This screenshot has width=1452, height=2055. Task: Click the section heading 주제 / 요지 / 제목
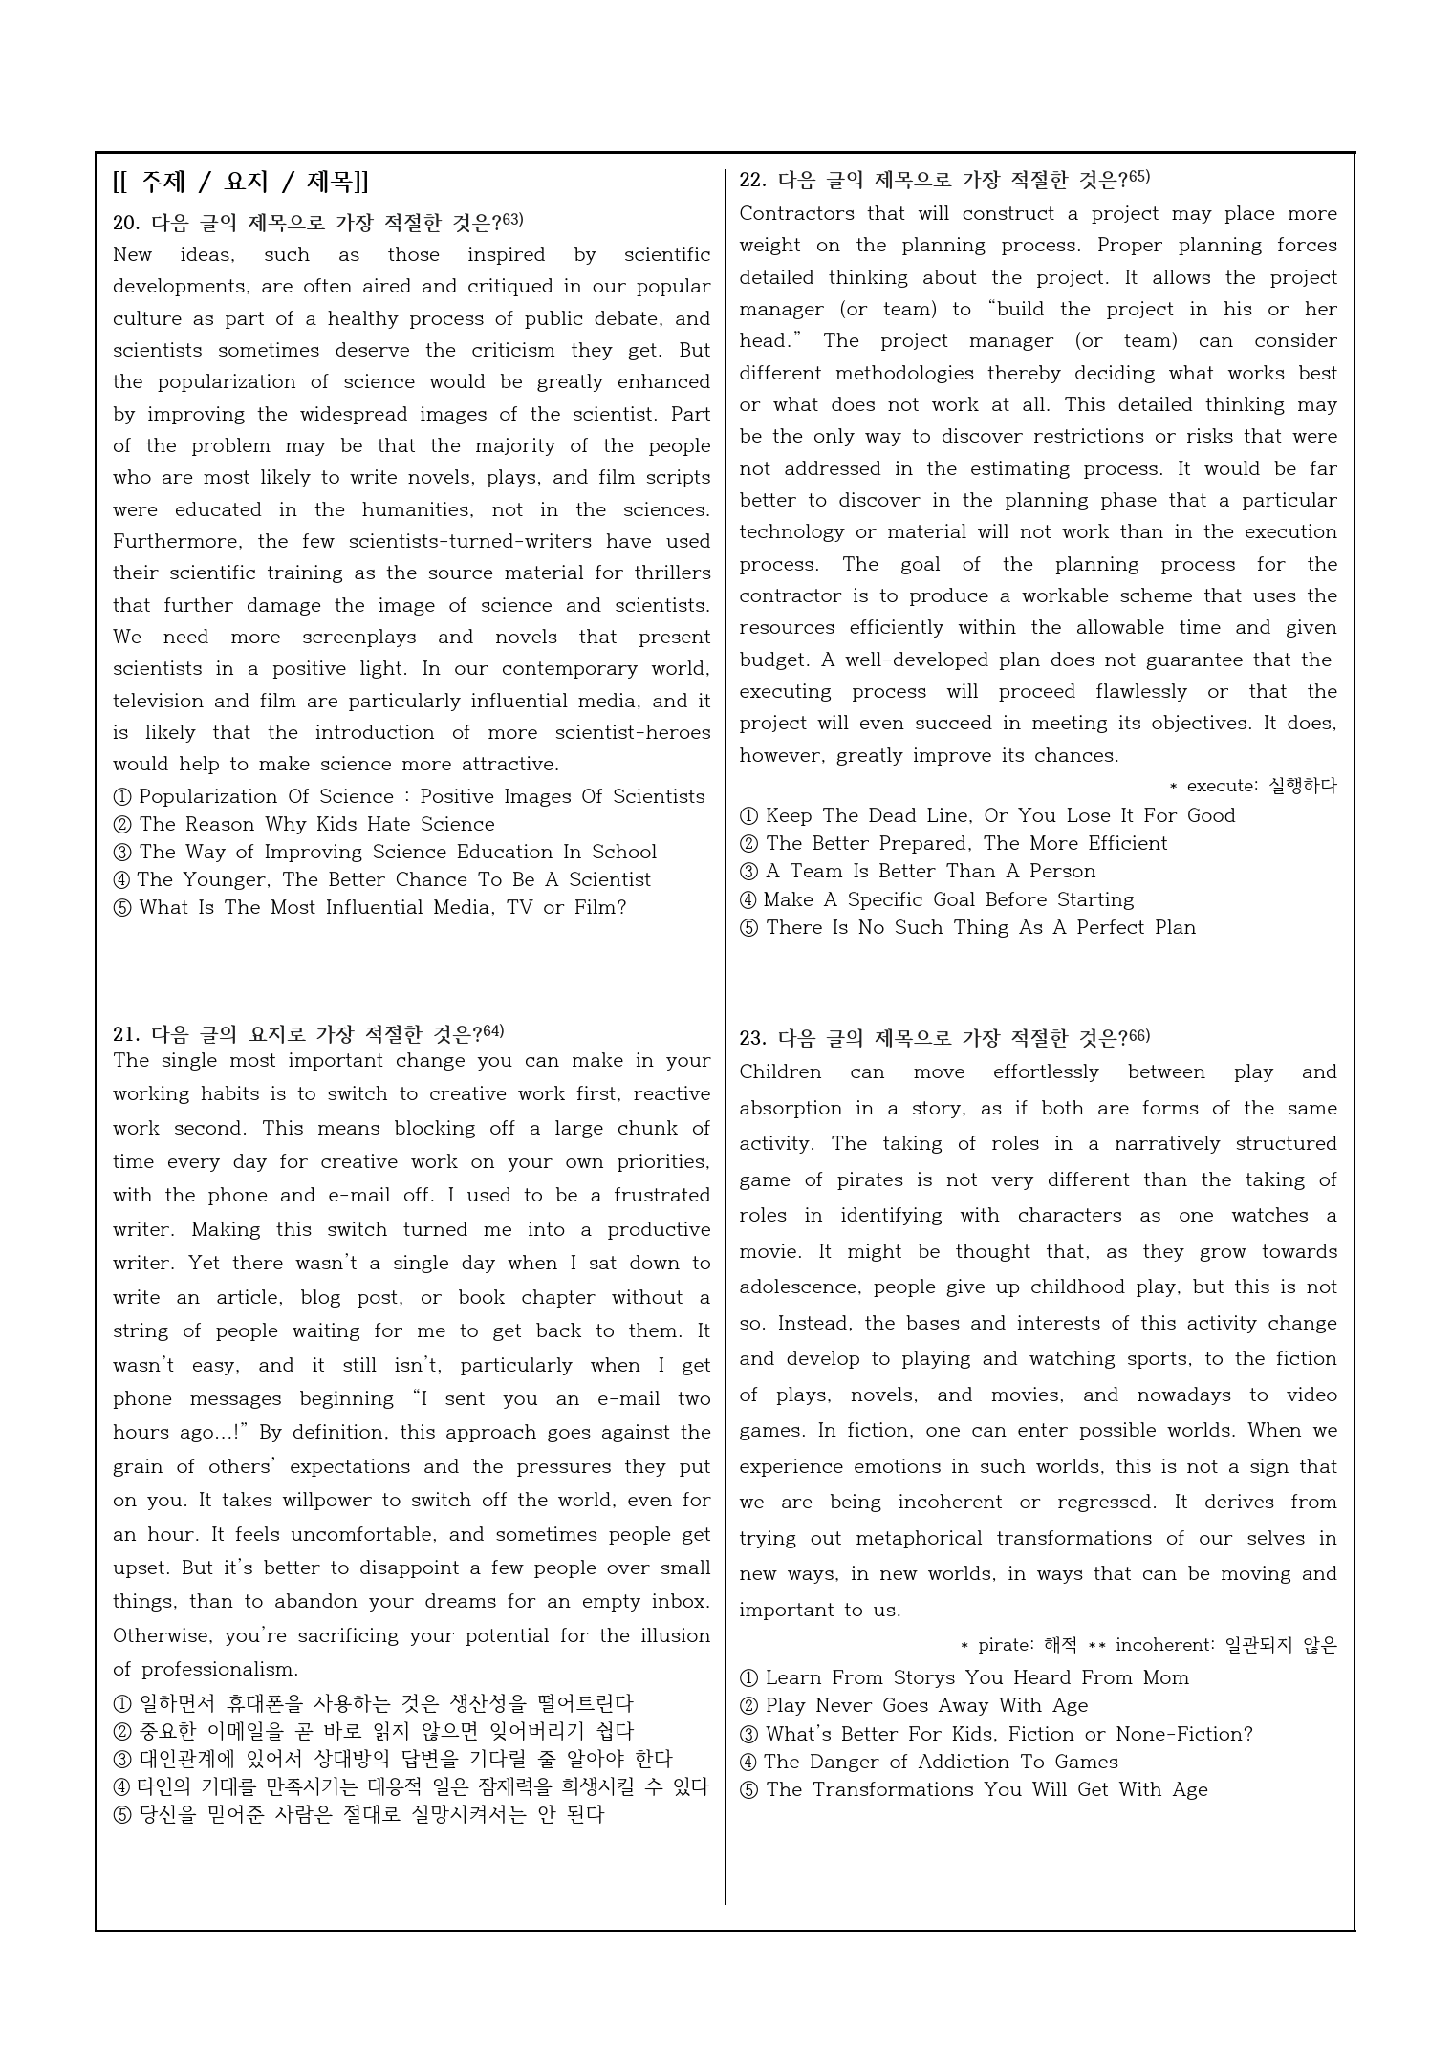tap(241, 181)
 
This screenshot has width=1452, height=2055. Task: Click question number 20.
tap(126, 224)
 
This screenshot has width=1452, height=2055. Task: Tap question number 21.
tap(126, 1034)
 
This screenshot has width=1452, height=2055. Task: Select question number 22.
tap(752, 180)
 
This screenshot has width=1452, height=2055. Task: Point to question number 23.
tap(752, 1038)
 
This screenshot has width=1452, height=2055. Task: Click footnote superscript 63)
tap(513, 220)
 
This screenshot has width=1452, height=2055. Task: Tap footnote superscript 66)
tap(1139, 1035)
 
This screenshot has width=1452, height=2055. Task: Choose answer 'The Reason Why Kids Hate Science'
tap(316, 824)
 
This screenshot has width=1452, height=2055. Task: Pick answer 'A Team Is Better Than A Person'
tap(930, 871)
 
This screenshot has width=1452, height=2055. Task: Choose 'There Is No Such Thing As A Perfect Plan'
tap(980, 927)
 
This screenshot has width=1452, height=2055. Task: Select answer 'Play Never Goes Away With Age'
tap(926, 1705)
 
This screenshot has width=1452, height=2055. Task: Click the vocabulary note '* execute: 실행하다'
tap(1253, 786)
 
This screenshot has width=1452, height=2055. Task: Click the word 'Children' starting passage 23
tap(780, 1072)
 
